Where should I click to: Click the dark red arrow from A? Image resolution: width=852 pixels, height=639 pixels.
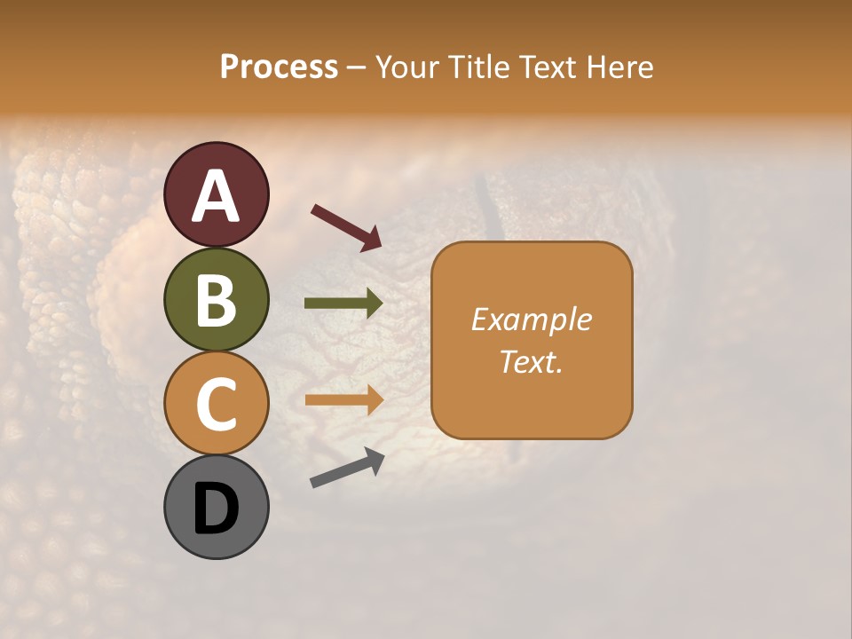coord(346,226)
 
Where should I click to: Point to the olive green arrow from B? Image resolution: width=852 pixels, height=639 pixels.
coord(343,304)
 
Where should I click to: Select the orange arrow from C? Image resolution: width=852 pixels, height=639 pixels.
coord(343,400)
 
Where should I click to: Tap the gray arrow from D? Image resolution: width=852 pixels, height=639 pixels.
coord(347,469)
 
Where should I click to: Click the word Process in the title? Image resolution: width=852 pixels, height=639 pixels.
coord(279,67)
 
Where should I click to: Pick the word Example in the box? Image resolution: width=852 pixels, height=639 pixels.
coord(532,319)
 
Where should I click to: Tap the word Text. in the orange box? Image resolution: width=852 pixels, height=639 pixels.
coord(532,361)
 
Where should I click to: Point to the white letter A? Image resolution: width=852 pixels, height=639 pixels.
coord(217,196)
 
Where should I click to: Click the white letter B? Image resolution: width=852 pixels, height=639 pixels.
coord(217,300)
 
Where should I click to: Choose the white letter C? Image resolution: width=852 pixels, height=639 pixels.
coord(217,404)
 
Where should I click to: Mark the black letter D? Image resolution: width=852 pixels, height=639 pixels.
coord(217,509)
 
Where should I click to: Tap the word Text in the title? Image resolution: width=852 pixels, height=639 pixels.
coord(547,67)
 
